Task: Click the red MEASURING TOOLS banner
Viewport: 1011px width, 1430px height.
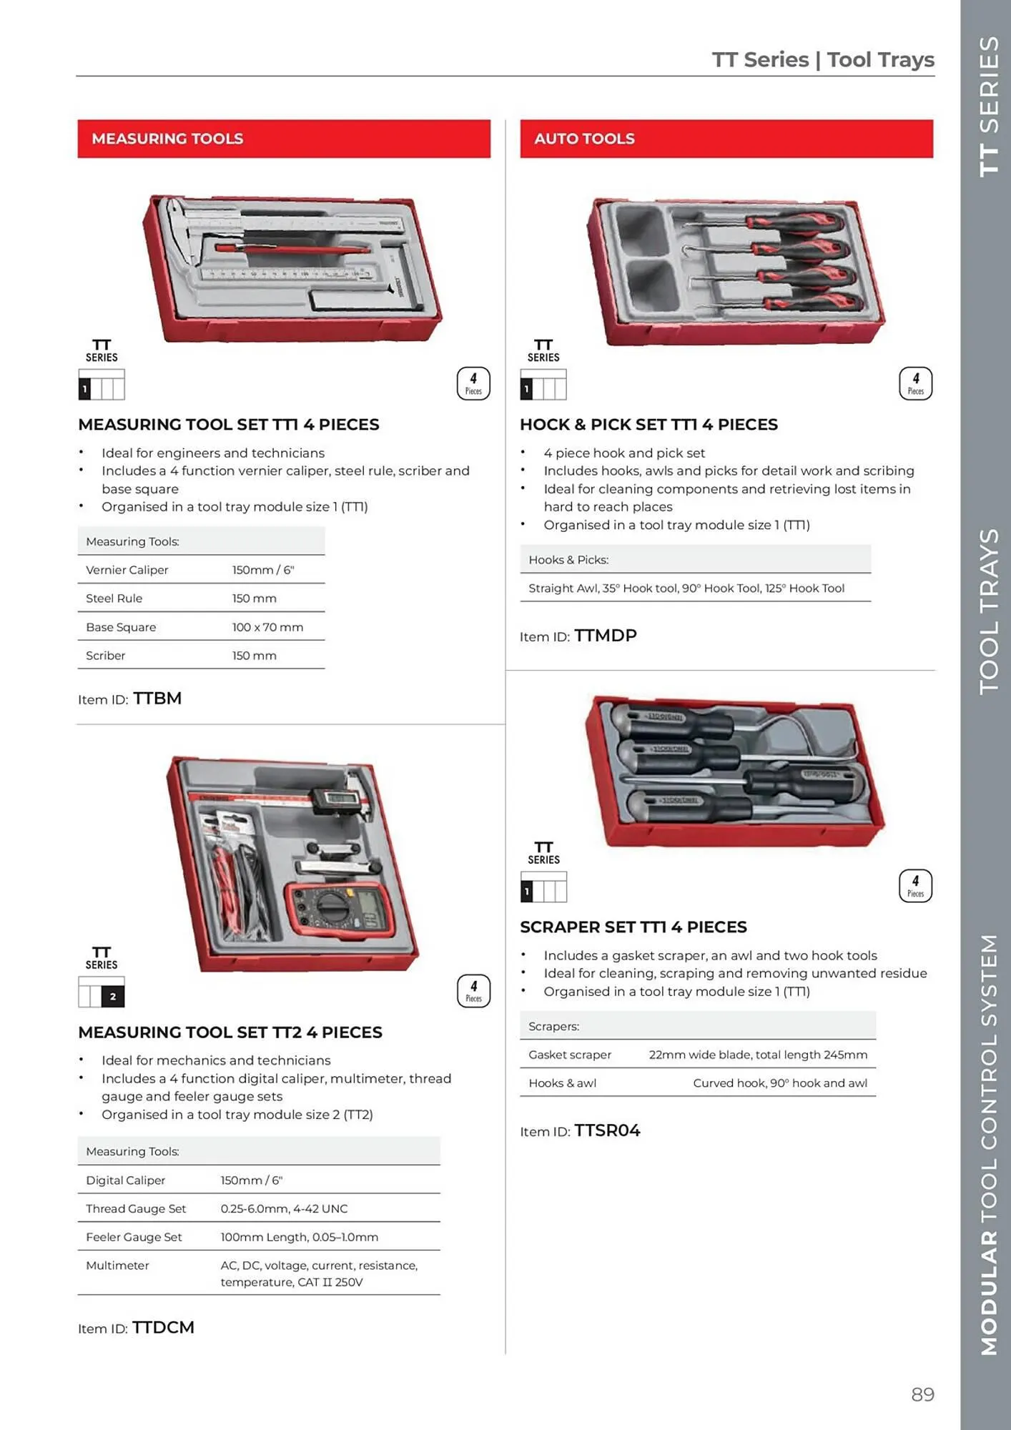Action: point(284,139)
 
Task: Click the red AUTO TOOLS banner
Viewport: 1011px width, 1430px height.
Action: point(726,139)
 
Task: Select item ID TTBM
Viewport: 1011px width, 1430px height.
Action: point(157,699)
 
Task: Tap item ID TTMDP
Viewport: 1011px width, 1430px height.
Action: point(605,636)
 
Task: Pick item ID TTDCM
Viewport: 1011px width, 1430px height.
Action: point(163,1328)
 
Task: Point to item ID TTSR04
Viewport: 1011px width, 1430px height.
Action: point(607,1130)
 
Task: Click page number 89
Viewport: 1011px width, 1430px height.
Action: point(922,1394)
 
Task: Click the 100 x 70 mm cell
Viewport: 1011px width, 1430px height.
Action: point(267,627)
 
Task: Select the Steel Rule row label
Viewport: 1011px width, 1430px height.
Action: point(114,598)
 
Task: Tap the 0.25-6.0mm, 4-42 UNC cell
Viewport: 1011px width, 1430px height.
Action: point(284,1208)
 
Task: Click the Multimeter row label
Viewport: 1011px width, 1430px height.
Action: point(118,1266)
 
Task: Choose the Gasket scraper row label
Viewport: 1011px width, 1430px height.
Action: point(570,1055)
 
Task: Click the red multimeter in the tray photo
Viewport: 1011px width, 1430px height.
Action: point(337,909)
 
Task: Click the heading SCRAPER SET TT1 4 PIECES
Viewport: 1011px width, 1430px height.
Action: point(633,927)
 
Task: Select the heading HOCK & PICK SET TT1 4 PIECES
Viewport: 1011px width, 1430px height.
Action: point(648,425)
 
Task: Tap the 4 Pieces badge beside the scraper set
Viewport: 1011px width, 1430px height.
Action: point(915,886)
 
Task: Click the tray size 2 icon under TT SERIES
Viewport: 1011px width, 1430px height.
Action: point(102,992)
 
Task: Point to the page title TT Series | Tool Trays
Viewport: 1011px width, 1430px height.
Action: point(822,59)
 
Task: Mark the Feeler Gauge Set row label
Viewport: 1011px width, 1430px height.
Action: point(134,1237)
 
